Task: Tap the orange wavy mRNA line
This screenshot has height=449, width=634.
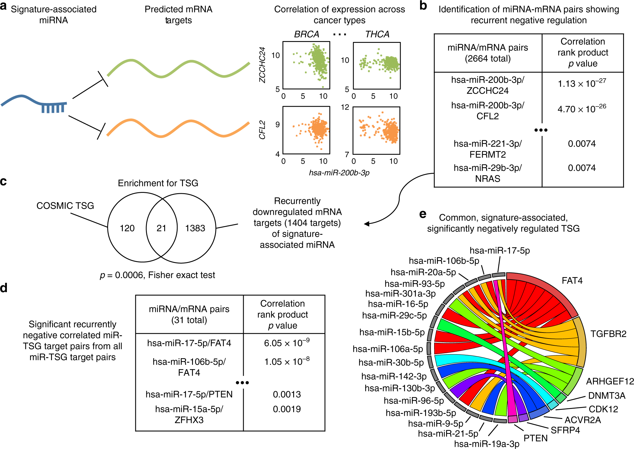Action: (x=179, y=128)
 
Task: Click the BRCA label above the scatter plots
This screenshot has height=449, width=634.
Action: (x=306, y=34)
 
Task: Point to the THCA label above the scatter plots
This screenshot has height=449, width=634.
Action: (x=377, y=34)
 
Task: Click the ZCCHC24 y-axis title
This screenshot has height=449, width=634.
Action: (x=262, y=65)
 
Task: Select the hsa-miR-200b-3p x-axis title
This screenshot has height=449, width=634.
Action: (x=339, y=173)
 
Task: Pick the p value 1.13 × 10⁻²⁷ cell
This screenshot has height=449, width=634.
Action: (x=582, y=84)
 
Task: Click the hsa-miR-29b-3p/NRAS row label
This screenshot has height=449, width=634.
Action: (x=487, y=173)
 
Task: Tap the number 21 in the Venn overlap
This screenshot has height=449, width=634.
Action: (x=161, y=228)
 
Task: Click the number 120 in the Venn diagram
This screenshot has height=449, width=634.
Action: (x=127, y=228)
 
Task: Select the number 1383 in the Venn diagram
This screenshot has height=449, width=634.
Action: (x=195, y=228)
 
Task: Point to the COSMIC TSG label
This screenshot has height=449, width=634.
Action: (x=65, y=206)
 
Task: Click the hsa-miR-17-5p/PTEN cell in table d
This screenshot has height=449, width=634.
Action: (x=189, y=394)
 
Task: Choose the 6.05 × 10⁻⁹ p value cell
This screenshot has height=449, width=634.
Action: (x=287, y=343)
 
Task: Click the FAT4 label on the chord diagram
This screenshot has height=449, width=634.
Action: (x=572, y=281)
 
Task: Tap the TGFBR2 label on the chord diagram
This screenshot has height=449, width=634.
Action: (x=608, y=334)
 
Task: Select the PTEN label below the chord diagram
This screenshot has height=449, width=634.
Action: (x=536, y=438)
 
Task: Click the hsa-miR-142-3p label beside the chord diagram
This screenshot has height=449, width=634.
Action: (x=394, y=376)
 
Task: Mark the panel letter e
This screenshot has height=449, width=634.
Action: (x=423, y=214)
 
